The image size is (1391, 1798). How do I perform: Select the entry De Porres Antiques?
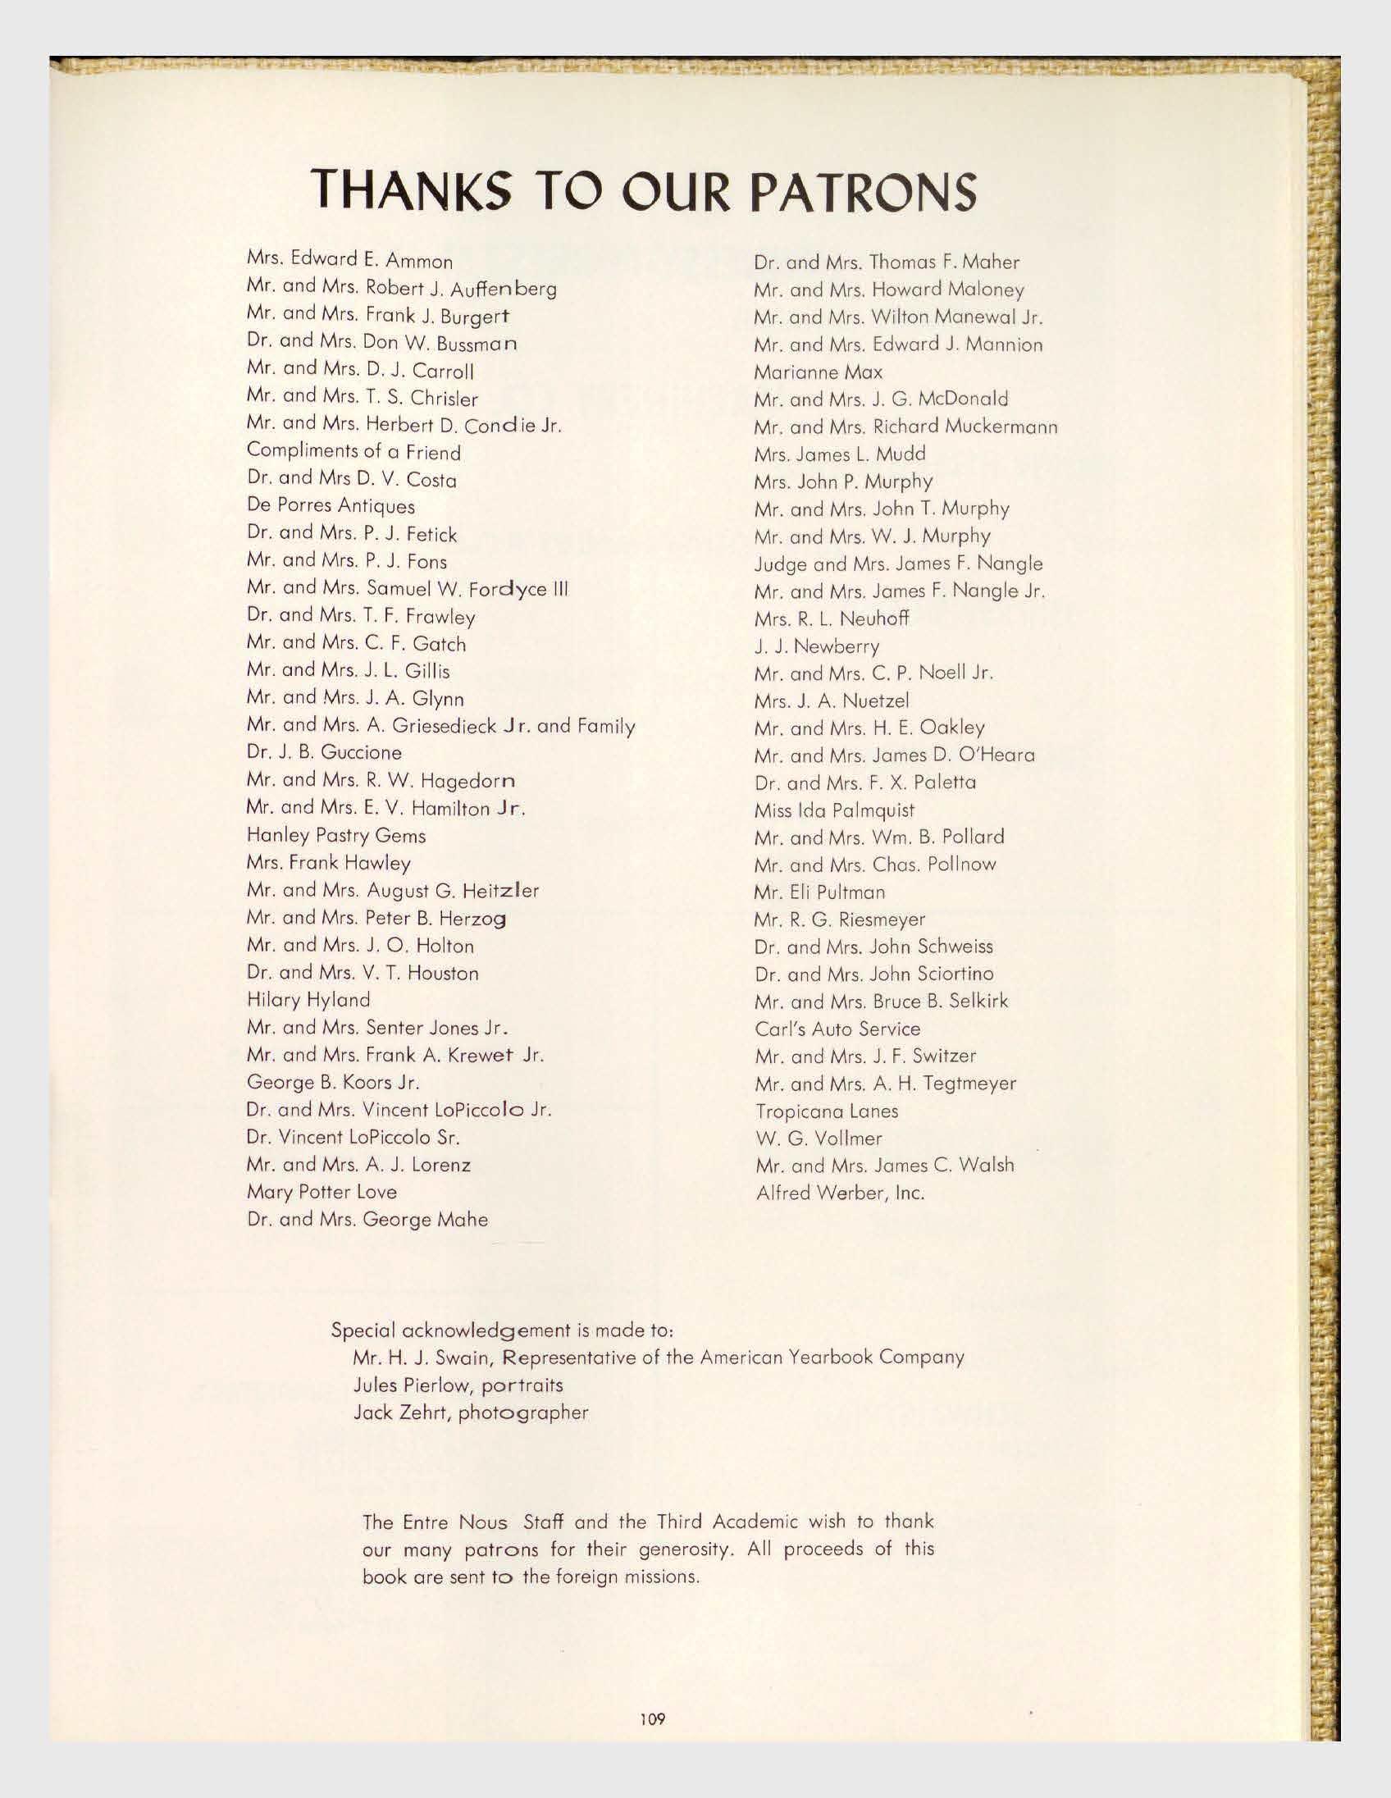(330, 506)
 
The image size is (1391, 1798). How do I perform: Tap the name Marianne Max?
(819, 372)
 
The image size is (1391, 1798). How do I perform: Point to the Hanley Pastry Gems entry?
(335, 836)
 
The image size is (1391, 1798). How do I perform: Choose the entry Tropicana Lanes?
(827, 1111)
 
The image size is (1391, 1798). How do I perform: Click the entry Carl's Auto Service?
(837, 1029)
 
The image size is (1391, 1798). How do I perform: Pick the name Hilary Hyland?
(308, 1000)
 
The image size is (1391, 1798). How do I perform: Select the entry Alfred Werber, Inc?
(840, 1193)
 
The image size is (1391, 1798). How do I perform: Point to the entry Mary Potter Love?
(321, 1192)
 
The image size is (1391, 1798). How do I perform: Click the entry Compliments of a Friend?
(353, 452)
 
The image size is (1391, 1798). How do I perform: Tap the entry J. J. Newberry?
(817, 646)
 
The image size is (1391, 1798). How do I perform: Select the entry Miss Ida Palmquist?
(835, 811)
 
